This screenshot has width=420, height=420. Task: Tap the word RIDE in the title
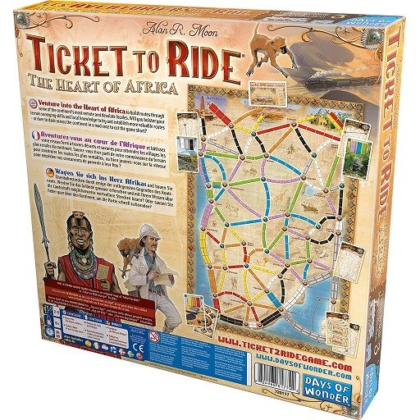196,58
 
